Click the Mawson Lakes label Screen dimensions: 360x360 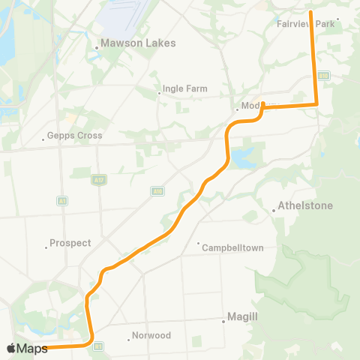coord(138,43)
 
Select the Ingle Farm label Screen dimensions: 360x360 coord(184,91)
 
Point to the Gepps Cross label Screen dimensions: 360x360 coord(74,136)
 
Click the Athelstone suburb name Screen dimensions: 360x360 coord(305,205)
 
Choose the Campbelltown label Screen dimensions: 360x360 coord(233,247)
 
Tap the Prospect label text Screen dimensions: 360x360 coord(70,243)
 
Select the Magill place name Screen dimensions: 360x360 coord(243,317)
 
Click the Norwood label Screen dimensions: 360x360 coord(151,335)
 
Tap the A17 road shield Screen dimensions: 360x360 coord(97,179)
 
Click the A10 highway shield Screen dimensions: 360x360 coord(156,191)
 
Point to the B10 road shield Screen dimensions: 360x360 coord(323,75)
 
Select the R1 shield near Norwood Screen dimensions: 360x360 coord(97,346)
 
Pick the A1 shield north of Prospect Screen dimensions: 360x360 coord(61,201)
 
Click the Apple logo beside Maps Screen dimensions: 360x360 coord(11,348)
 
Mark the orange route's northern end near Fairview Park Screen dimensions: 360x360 coord(310,13)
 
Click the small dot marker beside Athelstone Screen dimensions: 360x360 coord(274,211)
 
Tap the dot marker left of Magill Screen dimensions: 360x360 coord(223,322)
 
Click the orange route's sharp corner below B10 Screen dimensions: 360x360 coord(316,105)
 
